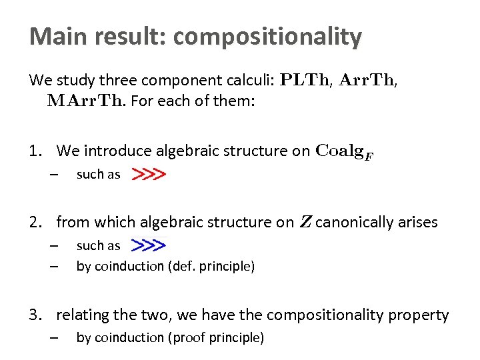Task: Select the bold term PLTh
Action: [x=305, y=81]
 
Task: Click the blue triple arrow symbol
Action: [x=148, y=245]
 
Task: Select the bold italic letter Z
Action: [x=305, y=222]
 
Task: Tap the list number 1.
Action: [x=34, y=151]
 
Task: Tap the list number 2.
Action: [x=34, y=222]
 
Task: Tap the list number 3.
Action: [x=34, y=315]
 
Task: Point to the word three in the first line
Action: [x=116, y=81]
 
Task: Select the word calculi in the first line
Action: [x=249, y=81]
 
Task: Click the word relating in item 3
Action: [x=80, y=315]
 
